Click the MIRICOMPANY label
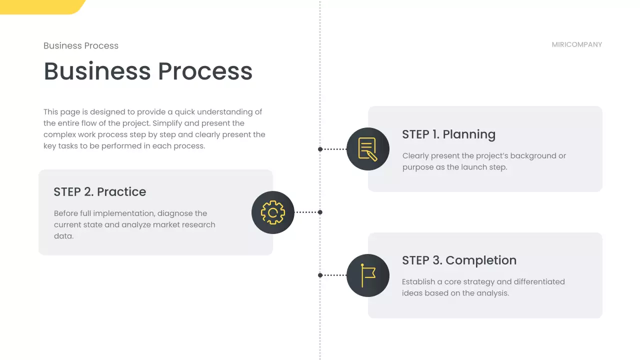click(x=576, y=44)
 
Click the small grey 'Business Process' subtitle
click(x=81, y=46)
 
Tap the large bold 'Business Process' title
click(x=148, y=71)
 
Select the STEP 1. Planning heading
click(x=448, y=134)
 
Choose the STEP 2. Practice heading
click(x=100, y=192)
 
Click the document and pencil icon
click(x=368, y=149)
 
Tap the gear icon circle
click(x=273, y=212)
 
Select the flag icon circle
click(x=368, y=275)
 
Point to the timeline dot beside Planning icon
click(x=320, y=149)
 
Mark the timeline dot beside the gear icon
click(x=320, y=212)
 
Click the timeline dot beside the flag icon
click(x=320, y=275)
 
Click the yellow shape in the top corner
click(x=40, y=6)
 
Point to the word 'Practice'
click(x=121, y=192)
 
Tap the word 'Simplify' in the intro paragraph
click(x=169, y=123)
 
